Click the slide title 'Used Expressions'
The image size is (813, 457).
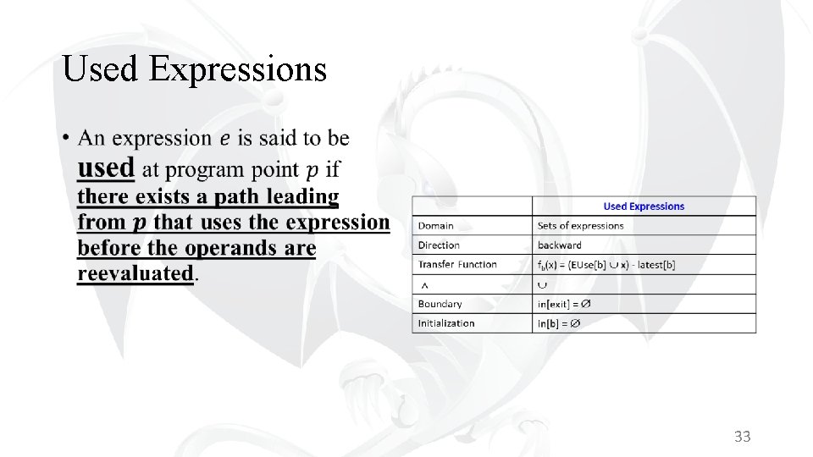(195, 69)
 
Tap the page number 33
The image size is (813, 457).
(743, 437)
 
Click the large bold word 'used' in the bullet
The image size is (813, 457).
(106, 168)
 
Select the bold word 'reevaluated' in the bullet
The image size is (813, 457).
(135, 273)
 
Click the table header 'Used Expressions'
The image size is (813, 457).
(644, 206)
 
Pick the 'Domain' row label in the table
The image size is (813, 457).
(435, 226)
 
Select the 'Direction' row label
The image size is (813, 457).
(439, 245)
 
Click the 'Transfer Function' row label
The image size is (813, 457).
(457, 265)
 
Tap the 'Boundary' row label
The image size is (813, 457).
(440, 304)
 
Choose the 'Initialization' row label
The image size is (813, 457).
(445, 323)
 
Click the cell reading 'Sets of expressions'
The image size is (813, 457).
(580, 226)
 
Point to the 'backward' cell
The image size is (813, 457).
(560, 245)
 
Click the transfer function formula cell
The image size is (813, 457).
(606, 265)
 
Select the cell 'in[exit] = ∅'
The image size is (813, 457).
(564, 304)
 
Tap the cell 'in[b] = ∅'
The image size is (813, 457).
(559, 323)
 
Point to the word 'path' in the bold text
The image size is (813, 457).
(237, 196)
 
